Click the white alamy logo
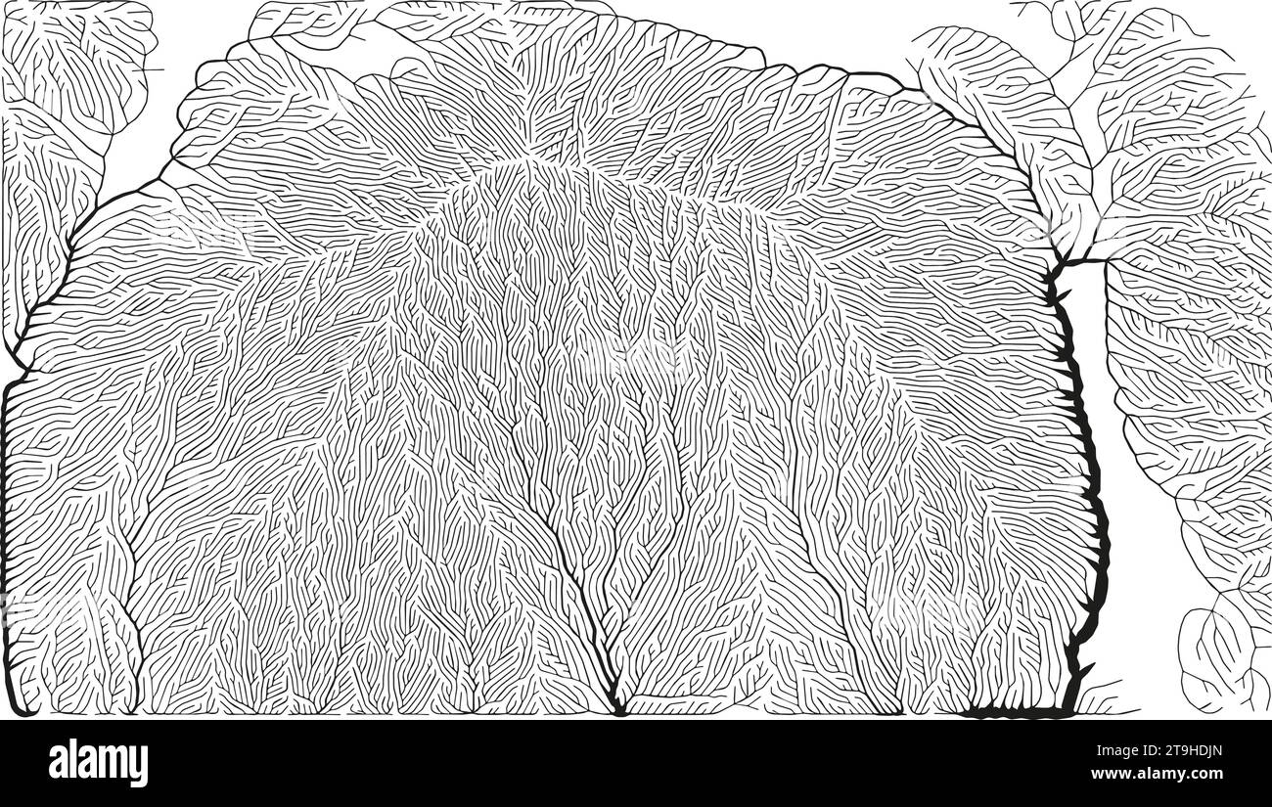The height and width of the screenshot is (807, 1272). [x=98, y=763]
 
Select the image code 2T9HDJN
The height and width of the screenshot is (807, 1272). [x=1181, y=753]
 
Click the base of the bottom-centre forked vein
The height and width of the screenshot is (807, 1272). [x=616, y=706]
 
